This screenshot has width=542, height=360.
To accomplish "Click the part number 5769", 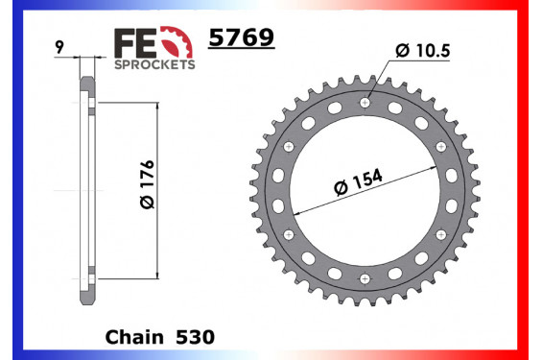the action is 242,37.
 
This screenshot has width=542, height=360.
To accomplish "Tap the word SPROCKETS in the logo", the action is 154,64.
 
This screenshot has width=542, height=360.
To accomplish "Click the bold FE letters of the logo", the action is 135,43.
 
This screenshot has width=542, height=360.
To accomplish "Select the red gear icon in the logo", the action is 177,41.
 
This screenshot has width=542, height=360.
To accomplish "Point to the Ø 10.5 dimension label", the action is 423,51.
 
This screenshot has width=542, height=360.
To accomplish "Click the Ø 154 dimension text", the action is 359,181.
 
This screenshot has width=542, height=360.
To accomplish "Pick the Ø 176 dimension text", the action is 148,184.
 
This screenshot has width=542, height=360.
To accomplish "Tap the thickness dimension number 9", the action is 59,47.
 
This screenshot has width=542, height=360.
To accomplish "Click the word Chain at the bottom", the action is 134,337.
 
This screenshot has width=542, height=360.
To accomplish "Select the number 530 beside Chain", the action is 196,337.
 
